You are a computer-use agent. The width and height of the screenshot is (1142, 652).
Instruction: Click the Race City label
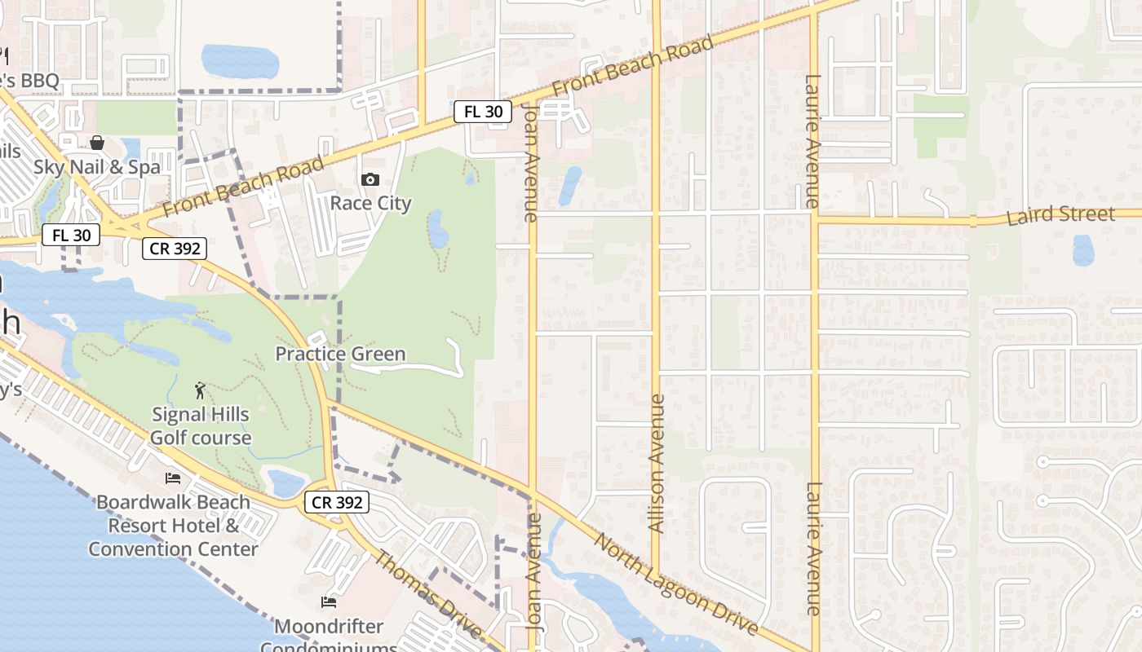point(370,203)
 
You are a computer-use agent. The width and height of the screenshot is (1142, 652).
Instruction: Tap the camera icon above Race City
point(370,179)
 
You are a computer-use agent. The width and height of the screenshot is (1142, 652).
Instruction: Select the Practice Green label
point(340,354)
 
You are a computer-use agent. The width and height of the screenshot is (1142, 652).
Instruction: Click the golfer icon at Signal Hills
point(201,390)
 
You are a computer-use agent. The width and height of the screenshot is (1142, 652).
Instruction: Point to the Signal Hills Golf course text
point(201,425)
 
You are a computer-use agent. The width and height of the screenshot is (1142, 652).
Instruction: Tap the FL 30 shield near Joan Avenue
point(483,112)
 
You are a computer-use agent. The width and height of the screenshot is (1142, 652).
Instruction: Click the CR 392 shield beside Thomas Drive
point(337,502)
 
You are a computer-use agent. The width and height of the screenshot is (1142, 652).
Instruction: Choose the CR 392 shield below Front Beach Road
point(175,249)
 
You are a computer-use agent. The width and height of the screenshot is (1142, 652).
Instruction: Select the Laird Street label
point(1060,216)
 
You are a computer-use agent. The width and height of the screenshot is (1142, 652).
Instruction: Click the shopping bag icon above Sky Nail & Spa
point(97,143)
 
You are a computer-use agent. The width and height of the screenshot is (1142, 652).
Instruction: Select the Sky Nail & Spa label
point(97,167)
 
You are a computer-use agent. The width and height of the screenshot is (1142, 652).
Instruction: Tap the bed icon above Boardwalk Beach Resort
point(173,478)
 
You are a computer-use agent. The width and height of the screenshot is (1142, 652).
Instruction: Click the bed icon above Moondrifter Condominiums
point(329,602)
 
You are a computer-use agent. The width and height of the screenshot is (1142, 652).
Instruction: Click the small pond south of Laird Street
point(1083,250)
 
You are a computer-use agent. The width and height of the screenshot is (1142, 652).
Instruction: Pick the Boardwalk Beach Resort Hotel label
point(173,526)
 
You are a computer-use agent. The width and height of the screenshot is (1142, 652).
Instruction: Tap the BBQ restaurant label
point(29,81)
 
